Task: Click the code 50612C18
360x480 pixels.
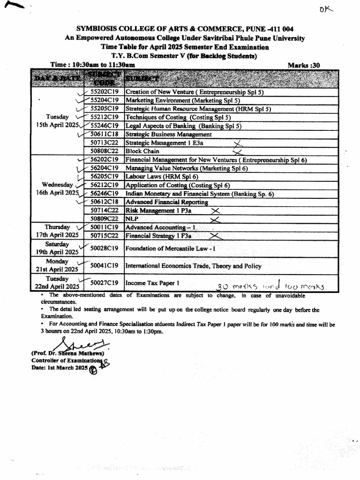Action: [x=105, y=202]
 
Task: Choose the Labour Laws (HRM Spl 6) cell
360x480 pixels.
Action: [x=162, y=177]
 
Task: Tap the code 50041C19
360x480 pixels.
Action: [x=104, y=266]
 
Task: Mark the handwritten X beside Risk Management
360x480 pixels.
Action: [x=216, y=211]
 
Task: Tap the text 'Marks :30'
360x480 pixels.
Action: [x=304, y=65]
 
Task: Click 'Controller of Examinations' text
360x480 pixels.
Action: [x=66, y=360]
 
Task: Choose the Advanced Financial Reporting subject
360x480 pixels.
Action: [x=167, y=202]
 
